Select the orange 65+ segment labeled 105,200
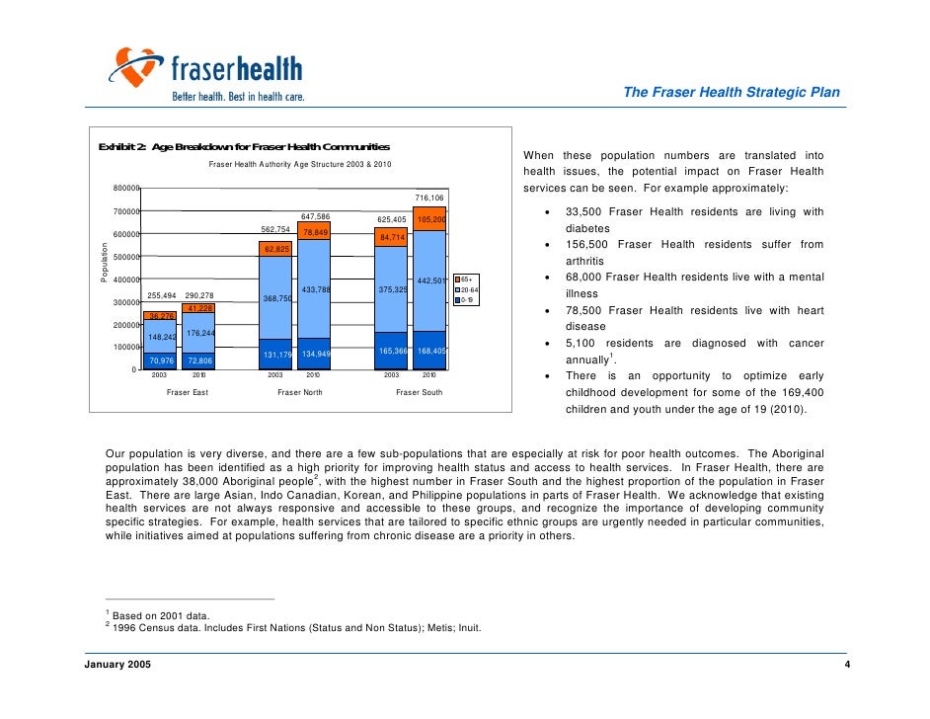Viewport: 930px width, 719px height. click(430, 219)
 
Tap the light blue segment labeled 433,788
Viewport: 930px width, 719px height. click(314, 289)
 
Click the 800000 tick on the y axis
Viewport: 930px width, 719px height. click(124, 189)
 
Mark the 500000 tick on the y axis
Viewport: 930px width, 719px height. click(124, 257)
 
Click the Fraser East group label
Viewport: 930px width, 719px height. click(187, 393)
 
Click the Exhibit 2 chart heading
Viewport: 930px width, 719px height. click(243, 147)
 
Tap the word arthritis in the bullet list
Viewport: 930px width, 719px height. click(584, 261)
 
